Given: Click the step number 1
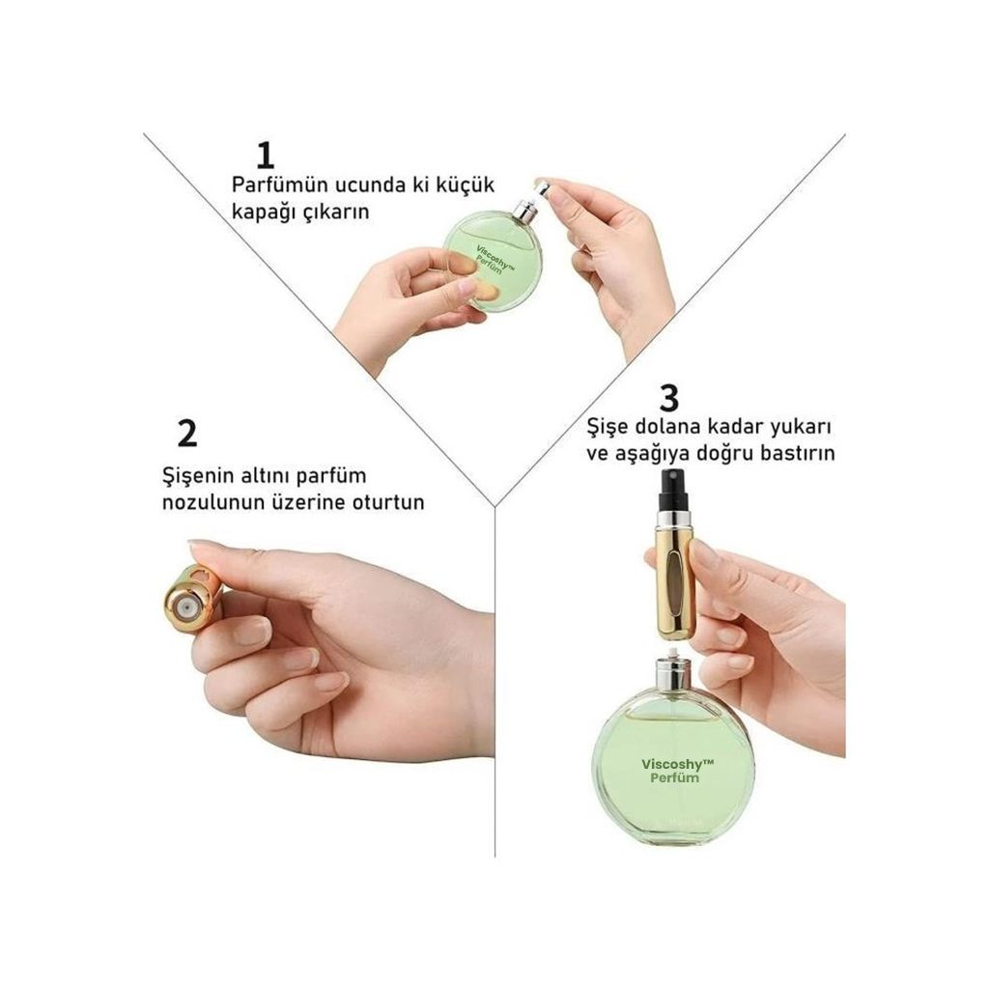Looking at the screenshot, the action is point(266,155).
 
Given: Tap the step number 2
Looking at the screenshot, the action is point(187,434).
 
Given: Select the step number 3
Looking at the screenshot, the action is point(668,398).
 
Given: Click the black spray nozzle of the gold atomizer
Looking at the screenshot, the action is point(672,490).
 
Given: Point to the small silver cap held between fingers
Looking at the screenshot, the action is point(541,186).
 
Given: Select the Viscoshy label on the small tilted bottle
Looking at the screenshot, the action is point(495,259).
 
